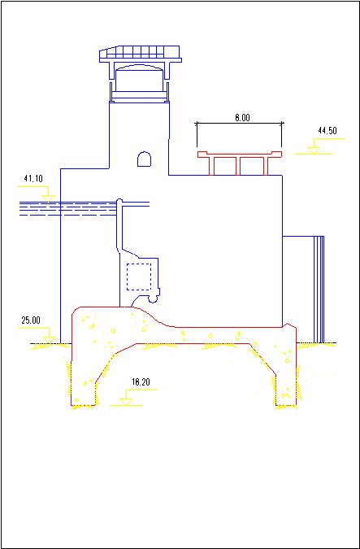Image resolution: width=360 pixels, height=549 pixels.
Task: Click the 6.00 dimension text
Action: pos(242,118)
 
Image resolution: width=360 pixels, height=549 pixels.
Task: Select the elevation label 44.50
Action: pos(327,131)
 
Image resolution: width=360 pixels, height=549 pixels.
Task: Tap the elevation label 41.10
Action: pos(33,179)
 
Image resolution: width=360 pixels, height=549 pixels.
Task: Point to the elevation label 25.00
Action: pos(31,320)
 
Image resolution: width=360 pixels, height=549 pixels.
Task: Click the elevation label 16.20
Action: pos(141,382)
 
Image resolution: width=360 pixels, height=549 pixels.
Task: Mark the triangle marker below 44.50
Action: pos(314,150)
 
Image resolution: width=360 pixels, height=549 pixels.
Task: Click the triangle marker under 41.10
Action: pos(48,198)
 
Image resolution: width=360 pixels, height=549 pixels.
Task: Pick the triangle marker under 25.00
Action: pos(50,340)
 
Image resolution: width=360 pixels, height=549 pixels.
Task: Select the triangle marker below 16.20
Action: pos(126,402)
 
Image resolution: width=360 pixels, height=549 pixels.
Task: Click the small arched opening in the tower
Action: pos(144,159)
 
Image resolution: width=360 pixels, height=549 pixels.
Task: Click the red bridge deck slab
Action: pos(240,154)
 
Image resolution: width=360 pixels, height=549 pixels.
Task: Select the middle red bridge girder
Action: pos(238,166)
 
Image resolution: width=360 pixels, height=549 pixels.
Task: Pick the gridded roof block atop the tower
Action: pos(140,54)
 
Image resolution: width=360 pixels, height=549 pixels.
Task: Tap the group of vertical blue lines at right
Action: pos(319,290)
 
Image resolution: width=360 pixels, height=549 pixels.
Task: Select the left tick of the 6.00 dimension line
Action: pos(197,134)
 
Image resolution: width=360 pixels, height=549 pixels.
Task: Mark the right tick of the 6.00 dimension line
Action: pos(282,134)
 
